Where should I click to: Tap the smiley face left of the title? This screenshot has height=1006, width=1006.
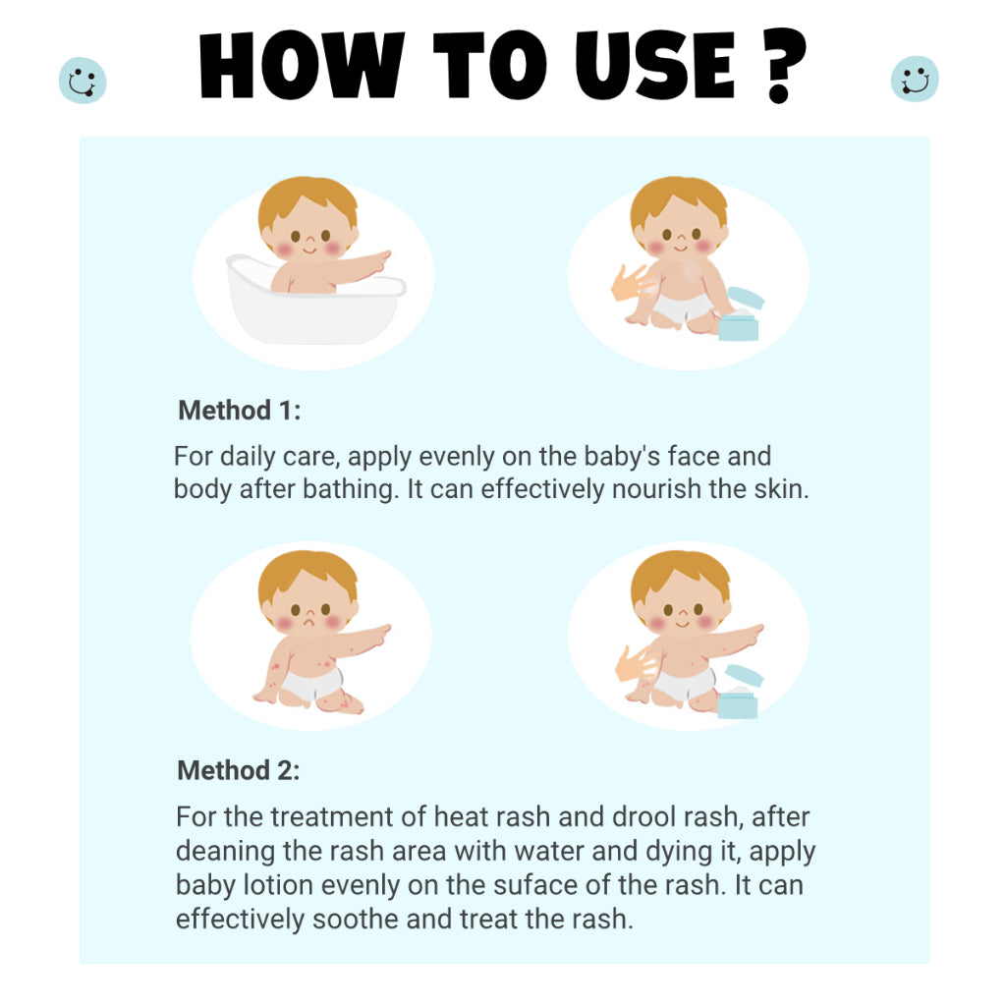coord(83,81)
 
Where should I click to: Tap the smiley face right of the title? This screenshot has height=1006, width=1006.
coord(915,79)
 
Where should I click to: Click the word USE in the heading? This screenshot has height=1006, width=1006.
coord(654,66)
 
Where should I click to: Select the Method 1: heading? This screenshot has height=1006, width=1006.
coord(240,411)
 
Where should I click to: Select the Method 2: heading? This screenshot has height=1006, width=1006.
coord(239,770)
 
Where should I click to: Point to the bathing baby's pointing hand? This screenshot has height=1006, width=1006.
coord(378,258)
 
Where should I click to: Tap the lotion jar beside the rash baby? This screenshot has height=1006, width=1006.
coord(739,693)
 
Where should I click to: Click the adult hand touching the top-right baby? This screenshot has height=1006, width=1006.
coord(633,283)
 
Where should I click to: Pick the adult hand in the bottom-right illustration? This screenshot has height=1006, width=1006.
coord(636,663)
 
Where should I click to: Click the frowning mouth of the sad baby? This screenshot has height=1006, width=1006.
coord(309,622)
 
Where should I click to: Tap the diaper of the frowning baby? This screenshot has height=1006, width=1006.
coord(313,684)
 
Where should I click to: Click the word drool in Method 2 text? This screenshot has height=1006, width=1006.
coord(643,816)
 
